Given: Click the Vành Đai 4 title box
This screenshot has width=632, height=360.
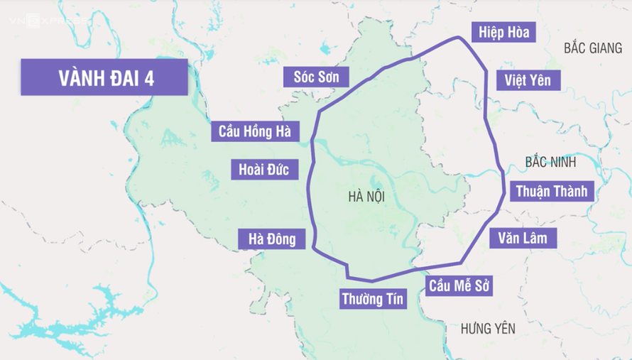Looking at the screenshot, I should tap(104, 77).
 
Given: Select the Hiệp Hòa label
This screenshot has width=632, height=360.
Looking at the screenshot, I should tap(503, 33).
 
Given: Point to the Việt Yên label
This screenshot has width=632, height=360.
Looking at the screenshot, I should tap(528, 80).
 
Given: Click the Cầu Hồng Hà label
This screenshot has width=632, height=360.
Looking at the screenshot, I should tap(255, 131).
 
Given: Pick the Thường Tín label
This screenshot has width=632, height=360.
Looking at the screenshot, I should tap(372, 298).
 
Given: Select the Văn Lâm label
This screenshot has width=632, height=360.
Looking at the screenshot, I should tap(523, 238).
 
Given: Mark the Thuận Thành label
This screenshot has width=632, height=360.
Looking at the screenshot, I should tap(550, 191).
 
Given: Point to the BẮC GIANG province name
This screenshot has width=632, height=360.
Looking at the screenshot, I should tap(593, 48).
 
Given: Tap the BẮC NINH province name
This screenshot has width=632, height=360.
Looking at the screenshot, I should tap(550, 162).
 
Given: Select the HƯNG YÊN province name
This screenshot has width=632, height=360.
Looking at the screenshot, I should tap(488, 328).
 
